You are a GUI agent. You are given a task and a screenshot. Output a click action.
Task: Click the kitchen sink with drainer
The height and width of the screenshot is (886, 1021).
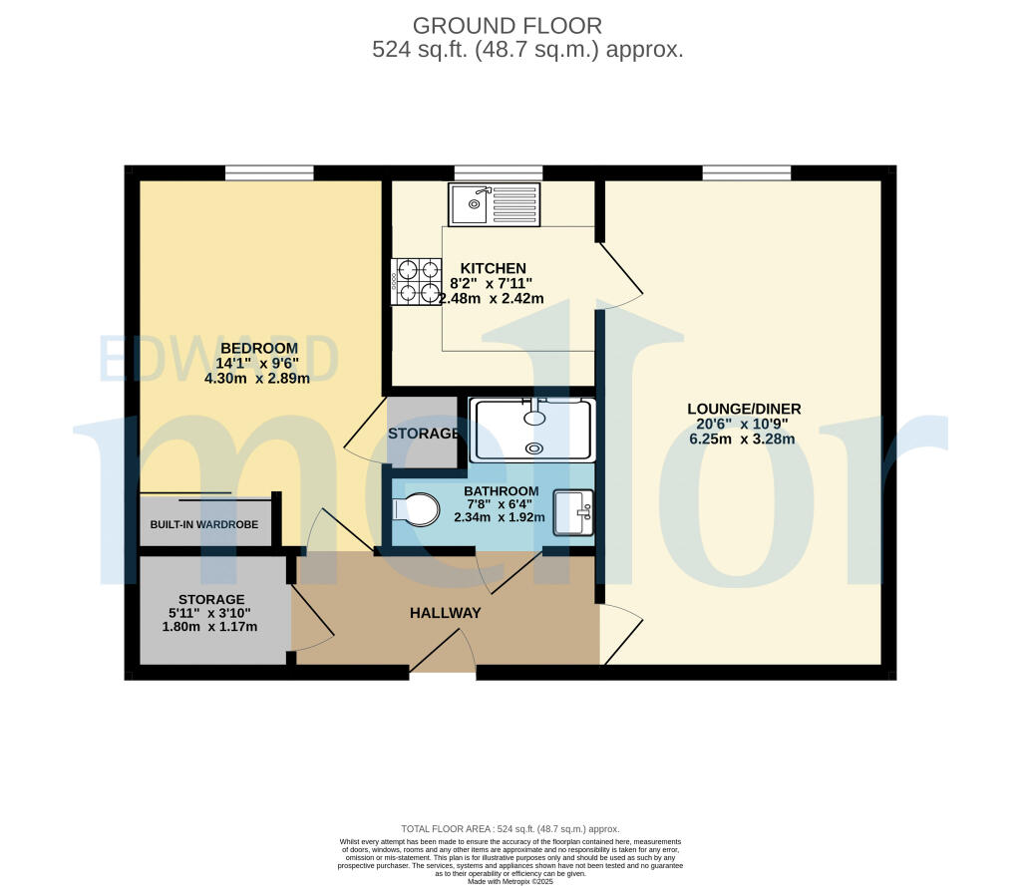tap(495, 204)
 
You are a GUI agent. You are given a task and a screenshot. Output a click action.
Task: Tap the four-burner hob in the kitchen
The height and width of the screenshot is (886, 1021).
tap(416, 280)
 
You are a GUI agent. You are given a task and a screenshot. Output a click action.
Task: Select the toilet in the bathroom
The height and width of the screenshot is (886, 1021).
tap(417, 509)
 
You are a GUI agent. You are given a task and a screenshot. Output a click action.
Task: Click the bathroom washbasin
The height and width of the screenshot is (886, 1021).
tap(573, 513)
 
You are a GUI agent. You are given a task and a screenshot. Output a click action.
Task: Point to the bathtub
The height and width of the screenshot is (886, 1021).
tap(533, 430)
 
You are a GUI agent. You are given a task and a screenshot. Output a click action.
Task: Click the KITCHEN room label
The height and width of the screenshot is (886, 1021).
tap(493, 268)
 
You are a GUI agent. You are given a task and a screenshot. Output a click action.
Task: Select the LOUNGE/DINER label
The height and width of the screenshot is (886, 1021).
tap(744, 409)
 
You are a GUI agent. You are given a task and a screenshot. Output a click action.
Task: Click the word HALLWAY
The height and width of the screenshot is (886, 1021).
tap(446, 613)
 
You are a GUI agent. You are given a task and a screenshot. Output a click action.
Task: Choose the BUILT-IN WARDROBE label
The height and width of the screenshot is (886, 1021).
tap(204, 524)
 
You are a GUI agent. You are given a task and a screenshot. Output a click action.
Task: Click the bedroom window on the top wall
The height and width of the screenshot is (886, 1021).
tap(269, 173)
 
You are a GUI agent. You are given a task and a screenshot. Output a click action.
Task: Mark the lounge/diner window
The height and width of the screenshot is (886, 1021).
tap(747, 173)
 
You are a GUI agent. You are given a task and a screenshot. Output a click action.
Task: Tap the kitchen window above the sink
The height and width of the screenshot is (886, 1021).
tap(499, 173)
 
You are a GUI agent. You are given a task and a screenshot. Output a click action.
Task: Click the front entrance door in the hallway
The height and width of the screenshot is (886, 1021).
tap(443, 658)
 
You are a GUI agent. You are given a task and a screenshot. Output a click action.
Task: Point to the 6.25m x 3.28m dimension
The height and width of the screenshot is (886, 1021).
tap(744, 440)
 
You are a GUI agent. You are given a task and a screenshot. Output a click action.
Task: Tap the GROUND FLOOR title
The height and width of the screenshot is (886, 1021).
tap(508, 26)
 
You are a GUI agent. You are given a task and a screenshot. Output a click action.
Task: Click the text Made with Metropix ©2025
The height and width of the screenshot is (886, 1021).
tap(510, 881)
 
